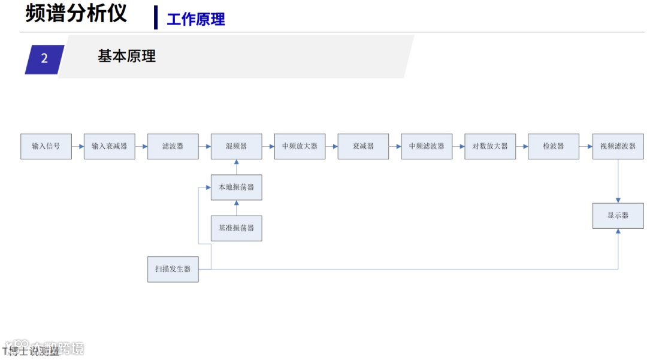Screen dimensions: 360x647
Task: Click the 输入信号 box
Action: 46,146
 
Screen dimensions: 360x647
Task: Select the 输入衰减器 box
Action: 109,146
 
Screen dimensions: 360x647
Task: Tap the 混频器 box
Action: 236,146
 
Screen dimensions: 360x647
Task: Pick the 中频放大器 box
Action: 300,146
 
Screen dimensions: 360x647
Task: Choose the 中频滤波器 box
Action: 427,146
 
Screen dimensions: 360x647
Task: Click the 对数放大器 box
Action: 490,146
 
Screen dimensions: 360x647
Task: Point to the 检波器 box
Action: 554,146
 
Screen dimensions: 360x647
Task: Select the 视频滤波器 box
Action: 618,146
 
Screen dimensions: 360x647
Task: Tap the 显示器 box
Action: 618,216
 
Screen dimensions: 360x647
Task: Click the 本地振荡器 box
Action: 236,187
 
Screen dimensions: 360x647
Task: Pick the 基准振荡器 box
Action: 236,228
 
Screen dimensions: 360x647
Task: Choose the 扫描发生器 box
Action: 173,270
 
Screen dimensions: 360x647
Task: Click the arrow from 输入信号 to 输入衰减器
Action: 78,146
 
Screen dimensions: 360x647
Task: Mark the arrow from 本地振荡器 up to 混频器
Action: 236,167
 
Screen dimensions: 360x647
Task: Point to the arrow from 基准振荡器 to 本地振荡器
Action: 236,208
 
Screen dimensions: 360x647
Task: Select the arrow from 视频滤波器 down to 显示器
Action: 618,181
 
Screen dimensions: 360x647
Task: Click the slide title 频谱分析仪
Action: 76,13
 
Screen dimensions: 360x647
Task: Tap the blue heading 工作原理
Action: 196,19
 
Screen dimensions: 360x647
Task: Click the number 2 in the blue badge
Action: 44,59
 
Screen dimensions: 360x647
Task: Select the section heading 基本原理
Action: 126,56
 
